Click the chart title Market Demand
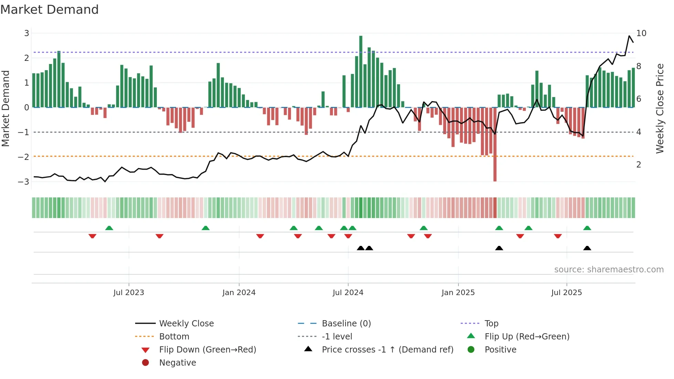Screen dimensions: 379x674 pyautogui.click(x=50, y=10)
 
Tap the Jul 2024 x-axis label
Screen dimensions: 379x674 pyautogui.click(x=348, y=293)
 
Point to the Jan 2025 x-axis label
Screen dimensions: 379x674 pyautogui.click(x=458, y=293)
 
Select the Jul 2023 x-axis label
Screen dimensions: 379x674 pyautogui.click(x=129, y=293)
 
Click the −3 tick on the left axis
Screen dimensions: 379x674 pyautogui.click(x=24, y=182)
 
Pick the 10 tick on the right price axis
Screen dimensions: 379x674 pyautogui.click(x=641, y=33)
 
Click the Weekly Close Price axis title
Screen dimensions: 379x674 pyautogui.click(x=660, y=108)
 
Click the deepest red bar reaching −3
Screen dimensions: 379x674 pyautogui.click(x=495, y=144)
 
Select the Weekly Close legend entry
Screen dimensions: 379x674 pyautogui.click(x=186, y=323)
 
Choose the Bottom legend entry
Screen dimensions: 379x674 pyautogui.click(x=174, y=336)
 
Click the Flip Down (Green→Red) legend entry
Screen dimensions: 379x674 pyautogui.click(x=207, y=349)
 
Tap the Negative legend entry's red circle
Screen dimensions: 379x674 pyautogui.click(x=145, y=362)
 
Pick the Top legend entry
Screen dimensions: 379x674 pyautogui.click(x=491, y=323)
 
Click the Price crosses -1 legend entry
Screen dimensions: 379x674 pyautogui.click(x=387, y=349)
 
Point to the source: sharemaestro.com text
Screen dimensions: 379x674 pyautogui.click(x=609, y=269)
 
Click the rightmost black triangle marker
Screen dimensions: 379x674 pyautogui.click(x=587, y=248)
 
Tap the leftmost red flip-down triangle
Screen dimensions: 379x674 pyautogui.click(x=92, y=236)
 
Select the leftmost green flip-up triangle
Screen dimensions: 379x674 pyautogui.click(x=109, y=228)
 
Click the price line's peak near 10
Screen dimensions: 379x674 pyautogui.click(x=629, y=36)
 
